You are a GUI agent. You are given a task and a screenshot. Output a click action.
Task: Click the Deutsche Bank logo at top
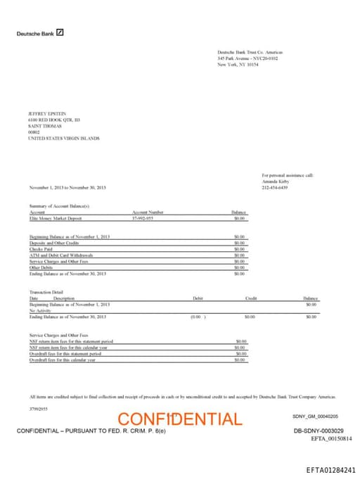40,33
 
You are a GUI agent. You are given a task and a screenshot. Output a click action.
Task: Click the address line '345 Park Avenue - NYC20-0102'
247,58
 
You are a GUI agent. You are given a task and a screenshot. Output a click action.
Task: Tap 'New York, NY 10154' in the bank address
238,64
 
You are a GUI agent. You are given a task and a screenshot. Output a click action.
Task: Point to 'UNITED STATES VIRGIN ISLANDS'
63,139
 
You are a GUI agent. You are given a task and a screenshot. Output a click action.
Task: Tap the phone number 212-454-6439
275,187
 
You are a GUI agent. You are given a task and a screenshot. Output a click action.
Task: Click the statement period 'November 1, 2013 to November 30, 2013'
67,187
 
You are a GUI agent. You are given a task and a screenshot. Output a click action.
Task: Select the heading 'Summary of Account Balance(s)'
59,205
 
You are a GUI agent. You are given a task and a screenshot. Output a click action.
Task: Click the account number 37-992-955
143,218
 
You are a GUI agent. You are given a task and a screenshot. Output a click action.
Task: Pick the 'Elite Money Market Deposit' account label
56,218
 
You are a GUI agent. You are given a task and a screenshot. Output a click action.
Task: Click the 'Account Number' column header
148,212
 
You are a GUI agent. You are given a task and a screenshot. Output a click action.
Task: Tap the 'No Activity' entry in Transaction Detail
40,310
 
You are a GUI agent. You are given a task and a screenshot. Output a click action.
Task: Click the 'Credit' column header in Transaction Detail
251,298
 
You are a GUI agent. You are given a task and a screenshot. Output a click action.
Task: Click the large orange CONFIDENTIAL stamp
179,419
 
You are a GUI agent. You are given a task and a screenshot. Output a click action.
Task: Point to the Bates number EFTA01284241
330,469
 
